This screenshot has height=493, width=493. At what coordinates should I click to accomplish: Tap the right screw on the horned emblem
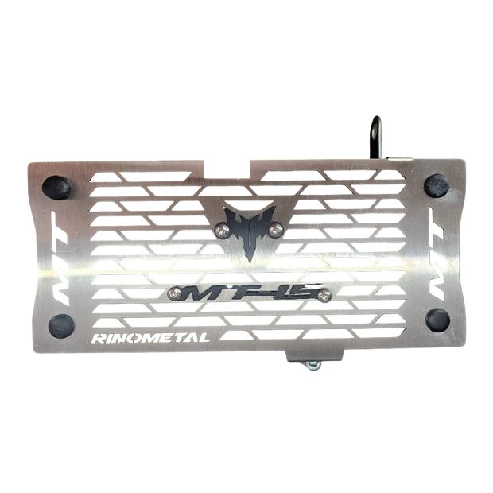(x=274, y=229)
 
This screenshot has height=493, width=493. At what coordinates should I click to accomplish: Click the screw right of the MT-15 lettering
(x=324, y=293)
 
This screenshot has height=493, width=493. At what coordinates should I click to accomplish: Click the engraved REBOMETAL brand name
(x=152, y=338)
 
